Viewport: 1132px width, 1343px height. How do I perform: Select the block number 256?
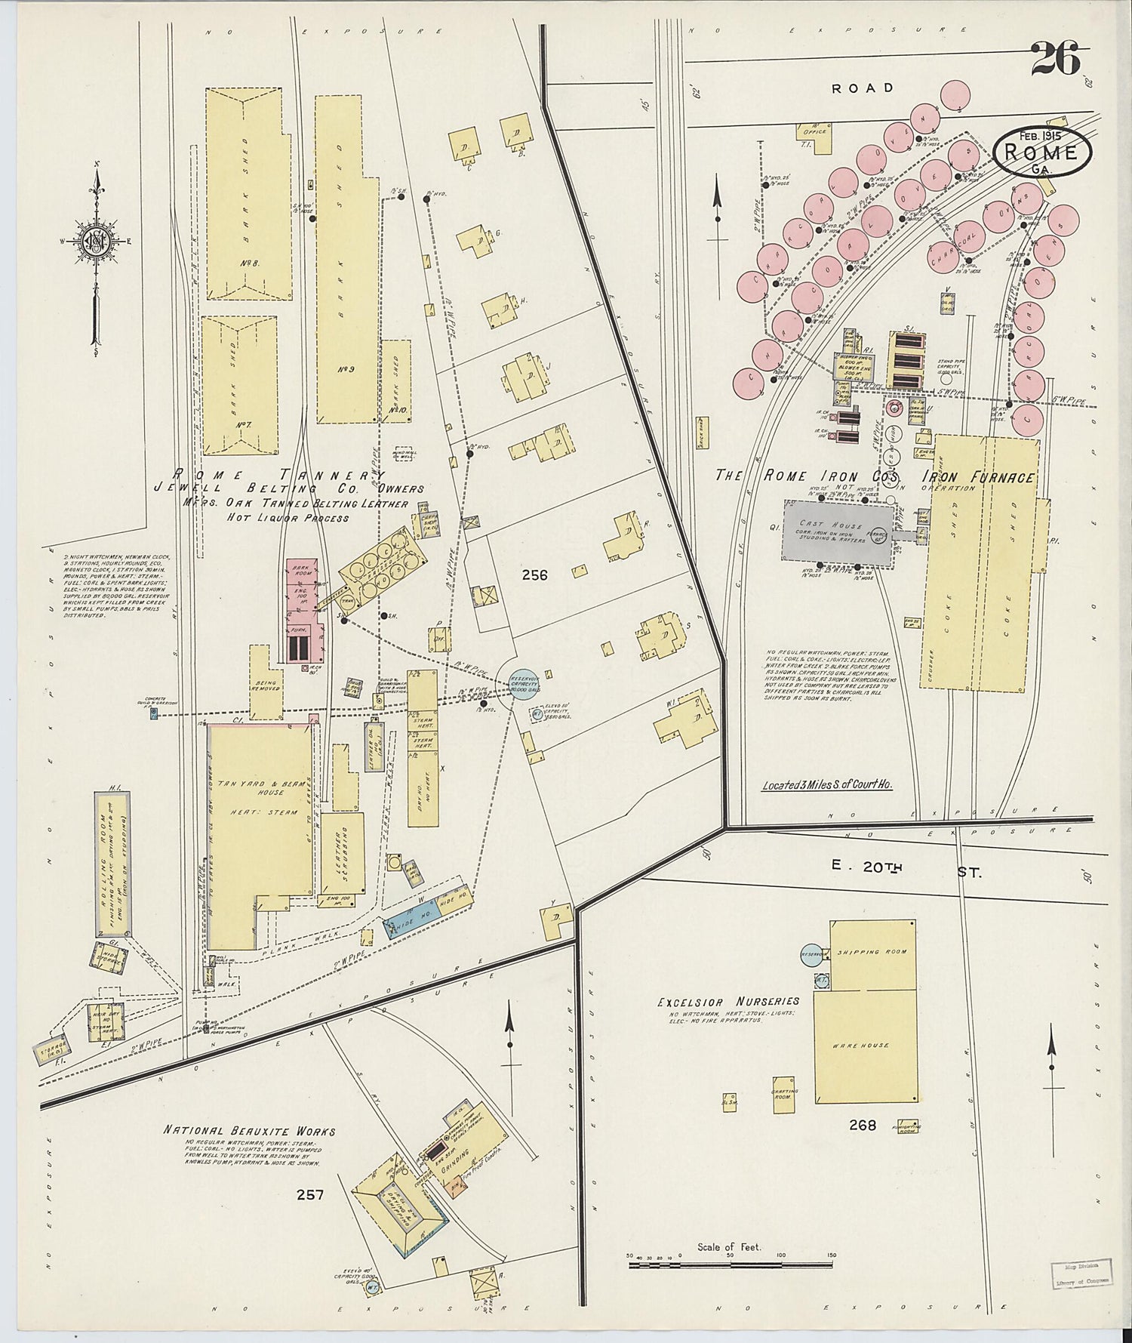coord(534,575)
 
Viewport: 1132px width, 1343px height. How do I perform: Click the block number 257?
coord(309,1195)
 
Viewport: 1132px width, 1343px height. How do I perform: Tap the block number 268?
coord(862,1125)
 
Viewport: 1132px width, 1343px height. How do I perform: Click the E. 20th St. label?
coord(906,870)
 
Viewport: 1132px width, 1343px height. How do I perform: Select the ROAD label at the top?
coord(863,88)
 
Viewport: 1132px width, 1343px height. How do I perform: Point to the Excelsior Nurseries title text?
coord(727,1002)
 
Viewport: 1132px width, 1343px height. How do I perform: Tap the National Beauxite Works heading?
coord(249,1131)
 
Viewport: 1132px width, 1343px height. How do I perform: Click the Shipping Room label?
coord(873,953)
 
